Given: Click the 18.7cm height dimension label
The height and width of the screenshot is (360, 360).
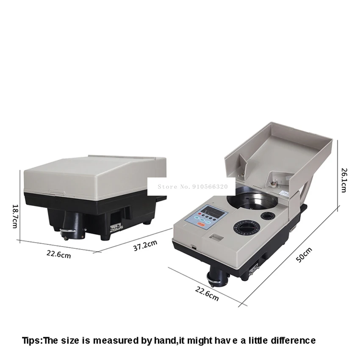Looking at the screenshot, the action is (15, 216).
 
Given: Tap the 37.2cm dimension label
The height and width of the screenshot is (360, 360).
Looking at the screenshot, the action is (145, 245).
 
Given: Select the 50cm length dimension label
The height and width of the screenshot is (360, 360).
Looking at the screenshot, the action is (304, 255).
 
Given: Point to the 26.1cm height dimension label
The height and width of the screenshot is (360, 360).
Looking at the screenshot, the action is (344, 180).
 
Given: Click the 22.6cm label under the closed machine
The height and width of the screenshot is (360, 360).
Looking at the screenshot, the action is (59, 254).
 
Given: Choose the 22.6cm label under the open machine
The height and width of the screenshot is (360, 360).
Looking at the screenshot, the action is (207, 294).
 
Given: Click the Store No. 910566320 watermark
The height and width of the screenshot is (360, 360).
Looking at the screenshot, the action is (192, 187).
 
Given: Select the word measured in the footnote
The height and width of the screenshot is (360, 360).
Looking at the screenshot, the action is (116, 340).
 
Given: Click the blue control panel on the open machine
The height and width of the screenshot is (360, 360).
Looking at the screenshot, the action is (206, 217).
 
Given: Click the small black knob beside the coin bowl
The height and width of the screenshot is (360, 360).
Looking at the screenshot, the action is (268, 216).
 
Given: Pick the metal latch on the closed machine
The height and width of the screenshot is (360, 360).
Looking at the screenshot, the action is (116, 228).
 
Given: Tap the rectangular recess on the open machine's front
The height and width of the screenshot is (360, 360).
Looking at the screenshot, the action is (216, 237).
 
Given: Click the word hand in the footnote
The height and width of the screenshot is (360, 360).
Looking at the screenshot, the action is (165, 340).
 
